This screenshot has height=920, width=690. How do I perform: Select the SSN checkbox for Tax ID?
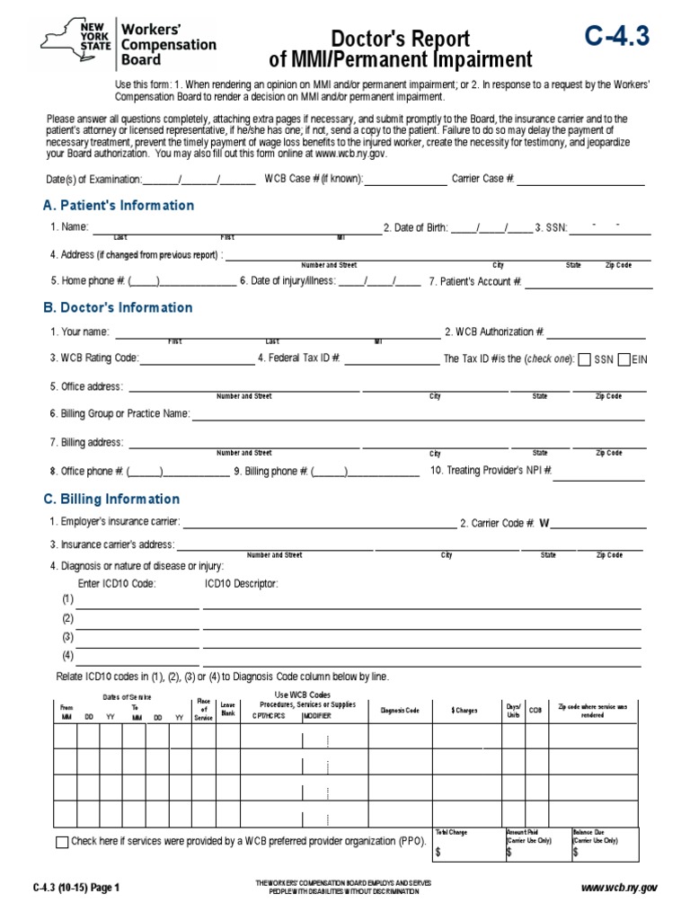pos(585,359)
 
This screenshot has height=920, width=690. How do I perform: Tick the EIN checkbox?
pos(625,359)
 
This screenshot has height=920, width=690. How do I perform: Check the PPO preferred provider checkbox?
pos(61,842)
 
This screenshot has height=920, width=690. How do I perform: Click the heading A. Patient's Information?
pos(119,206)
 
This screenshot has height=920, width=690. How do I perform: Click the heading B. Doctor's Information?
pos(118,308)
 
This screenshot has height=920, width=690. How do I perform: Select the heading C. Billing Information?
pos(111,500)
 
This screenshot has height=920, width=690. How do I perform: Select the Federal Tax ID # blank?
pos(392,359)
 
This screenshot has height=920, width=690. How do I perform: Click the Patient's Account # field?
pos(588,283)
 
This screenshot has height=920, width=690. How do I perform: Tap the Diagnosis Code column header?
pos(400,711)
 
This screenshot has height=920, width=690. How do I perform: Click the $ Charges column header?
pos(464,711)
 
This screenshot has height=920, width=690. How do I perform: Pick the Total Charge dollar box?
pos(467,851)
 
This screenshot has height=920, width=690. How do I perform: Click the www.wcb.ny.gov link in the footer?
pos(620,888)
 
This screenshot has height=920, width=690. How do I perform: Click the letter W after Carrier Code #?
pos(544,523)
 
